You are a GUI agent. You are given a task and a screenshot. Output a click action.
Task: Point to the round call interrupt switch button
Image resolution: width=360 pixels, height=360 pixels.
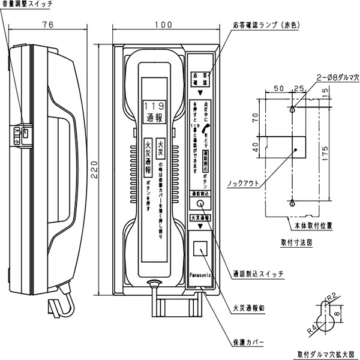pos(200,204)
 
